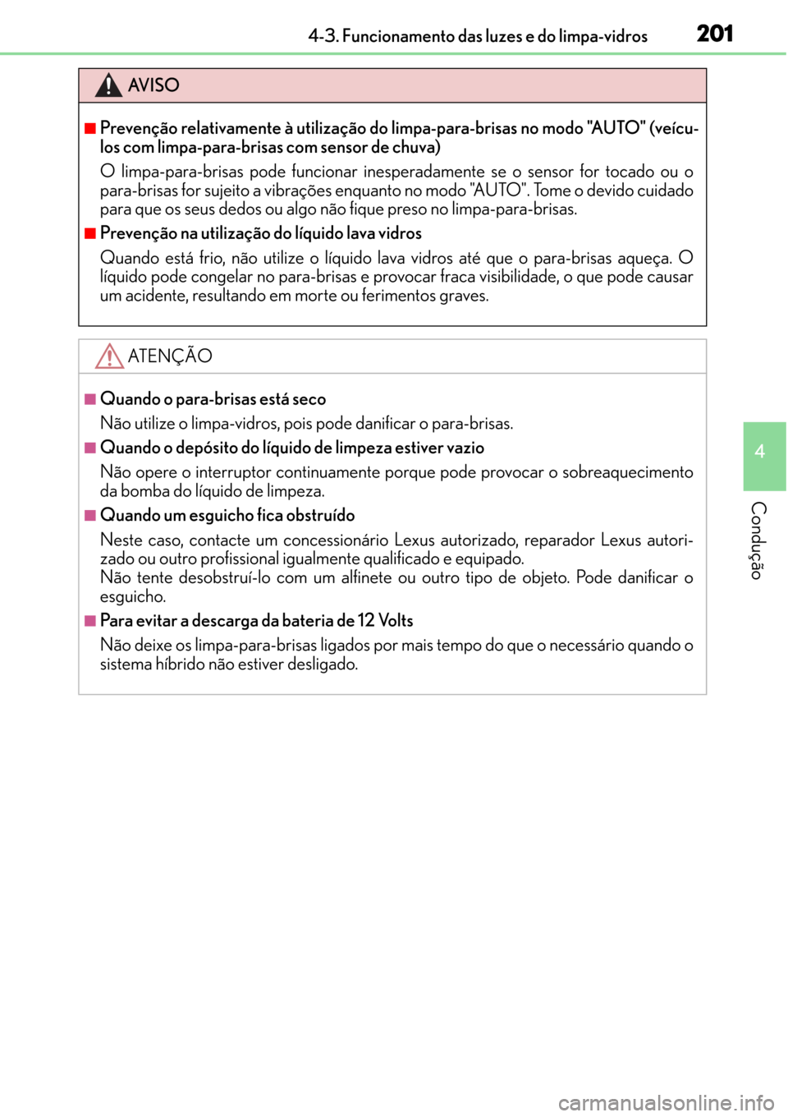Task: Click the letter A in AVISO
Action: click(135, 85)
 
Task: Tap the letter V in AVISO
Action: click(146, 85)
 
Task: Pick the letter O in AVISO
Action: click(172, 85)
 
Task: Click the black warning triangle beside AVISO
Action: click(108, 85)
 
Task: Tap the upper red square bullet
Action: click(90, 128)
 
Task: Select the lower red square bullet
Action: click(90, 233)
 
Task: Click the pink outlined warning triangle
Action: click(109, 356)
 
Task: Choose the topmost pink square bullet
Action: click(90, 399)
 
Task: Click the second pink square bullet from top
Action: click(90, 448)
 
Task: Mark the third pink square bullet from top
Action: click(90, 515)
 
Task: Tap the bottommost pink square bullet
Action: click(90, 620)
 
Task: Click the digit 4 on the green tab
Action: click(760, 451)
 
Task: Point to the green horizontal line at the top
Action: click(394, 53)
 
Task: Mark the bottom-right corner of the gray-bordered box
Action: click(705, 694)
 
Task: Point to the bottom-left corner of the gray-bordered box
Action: click(79, 694)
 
